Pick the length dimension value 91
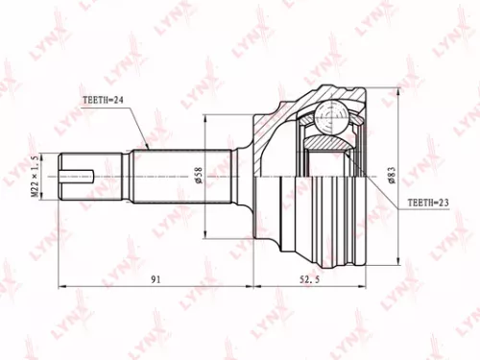pos(155,279)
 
